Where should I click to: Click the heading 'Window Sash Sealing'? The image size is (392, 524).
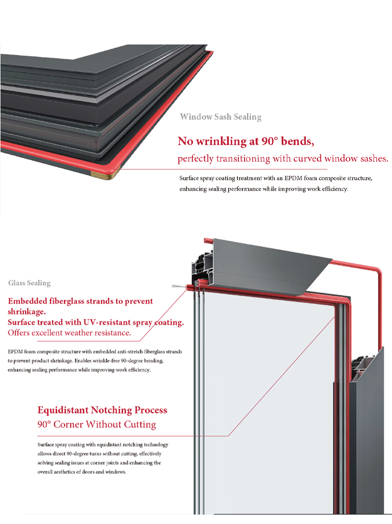click(221, 117)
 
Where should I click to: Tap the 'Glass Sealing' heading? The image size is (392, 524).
click(29, 283)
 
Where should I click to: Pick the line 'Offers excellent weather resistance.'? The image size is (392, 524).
click(70, 333)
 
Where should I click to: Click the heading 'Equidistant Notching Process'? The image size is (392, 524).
click(102, 410)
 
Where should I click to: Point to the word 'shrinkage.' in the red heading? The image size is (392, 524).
click(27, 312)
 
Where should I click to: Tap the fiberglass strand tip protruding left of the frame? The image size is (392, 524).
click(174, 286)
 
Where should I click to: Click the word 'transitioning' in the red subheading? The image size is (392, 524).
click(243, 159)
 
